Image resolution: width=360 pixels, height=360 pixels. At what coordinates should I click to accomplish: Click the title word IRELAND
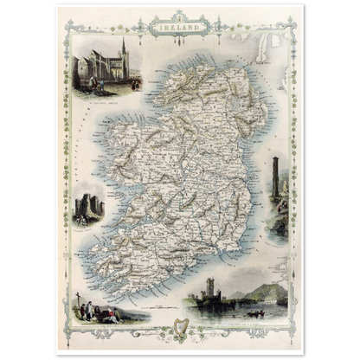(x=179, y=28)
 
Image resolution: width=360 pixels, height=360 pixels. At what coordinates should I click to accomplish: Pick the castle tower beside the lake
(x=210, y=291)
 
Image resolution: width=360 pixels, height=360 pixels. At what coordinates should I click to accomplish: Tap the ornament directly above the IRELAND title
(x=179, y=16)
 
